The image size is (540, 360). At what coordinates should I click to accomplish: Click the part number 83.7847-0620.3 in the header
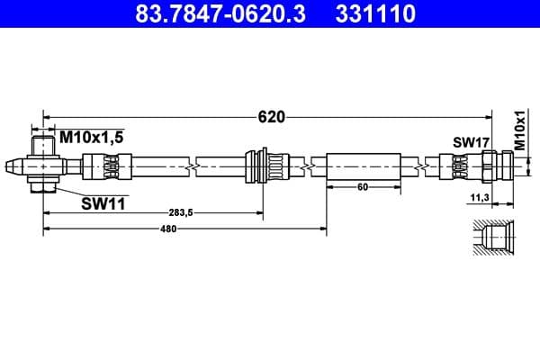click(210, 15)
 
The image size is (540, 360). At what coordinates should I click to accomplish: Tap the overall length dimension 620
click(270, 116)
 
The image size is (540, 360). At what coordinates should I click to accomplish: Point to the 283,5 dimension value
click(181, 212)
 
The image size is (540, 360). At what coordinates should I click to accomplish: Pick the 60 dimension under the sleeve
click(362, 187)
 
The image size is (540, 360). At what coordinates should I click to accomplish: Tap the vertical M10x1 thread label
click(519, 130)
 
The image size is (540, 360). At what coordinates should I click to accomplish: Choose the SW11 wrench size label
click(102, 203)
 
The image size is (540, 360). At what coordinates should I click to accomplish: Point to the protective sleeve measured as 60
click(363, 166)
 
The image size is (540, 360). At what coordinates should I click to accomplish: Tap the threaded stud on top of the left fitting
click(43, 144)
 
